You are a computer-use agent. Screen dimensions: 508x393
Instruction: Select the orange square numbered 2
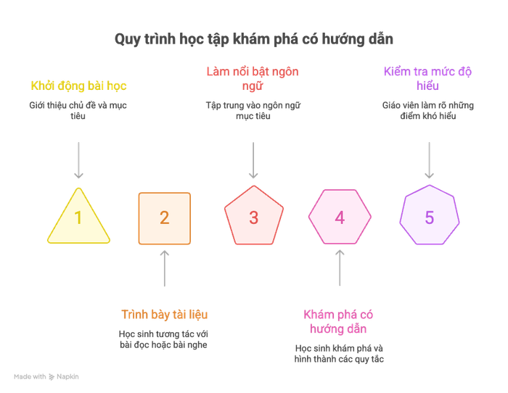pyautogui.click(x=165, y=218)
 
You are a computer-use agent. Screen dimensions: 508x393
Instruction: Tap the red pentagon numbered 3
pyautogui.click(x=254, y=215)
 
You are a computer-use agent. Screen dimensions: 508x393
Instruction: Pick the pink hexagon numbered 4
pyautogui.click(x=340, y=217)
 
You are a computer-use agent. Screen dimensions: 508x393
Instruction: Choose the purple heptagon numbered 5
pyautogui.click(x=430, y=215)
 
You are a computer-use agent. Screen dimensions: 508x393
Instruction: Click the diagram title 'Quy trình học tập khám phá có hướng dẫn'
pyautogui.click(x=254, y=39)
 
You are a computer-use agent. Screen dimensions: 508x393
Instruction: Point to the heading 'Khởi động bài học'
pyautogui.click(x=78, y=86)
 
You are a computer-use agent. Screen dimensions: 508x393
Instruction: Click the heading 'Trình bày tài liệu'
pyautogui.click(x=165, y=315)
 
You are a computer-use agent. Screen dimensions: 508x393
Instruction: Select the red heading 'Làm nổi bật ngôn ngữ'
pyautogui.click(x=253, y=78)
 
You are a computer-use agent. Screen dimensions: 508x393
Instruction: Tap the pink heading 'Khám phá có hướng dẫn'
pyautogui.click(x=339, y=322)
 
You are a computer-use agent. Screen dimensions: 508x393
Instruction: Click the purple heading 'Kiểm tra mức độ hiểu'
pyautogui.click(x=427, y=78)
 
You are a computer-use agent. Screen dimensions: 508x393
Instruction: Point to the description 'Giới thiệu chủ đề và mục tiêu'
pyautogui.click(x=78, y=110)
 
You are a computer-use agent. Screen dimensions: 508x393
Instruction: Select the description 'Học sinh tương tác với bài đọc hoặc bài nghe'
pyautogui.click(x=163, y=339)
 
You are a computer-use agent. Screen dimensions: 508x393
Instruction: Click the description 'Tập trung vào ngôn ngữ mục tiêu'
pyautogui.click(x=253, y=110)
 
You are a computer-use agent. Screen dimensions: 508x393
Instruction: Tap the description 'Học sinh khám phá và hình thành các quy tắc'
pyautogui.click(x=339, y=354)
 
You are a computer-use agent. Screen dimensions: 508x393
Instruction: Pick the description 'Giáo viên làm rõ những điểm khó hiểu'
pyautogui.click(x=428, y=110)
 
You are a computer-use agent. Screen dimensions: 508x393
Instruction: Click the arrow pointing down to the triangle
pyautogui.click(x=78, y=160)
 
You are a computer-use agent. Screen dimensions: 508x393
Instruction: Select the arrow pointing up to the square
pyautogui.click(x=165, y=268)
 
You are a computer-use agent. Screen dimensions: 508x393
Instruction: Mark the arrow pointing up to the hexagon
pyautogui.click(x=340, y=268)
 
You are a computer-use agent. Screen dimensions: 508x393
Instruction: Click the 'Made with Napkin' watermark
pyautogui.click(x=46, y=376)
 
